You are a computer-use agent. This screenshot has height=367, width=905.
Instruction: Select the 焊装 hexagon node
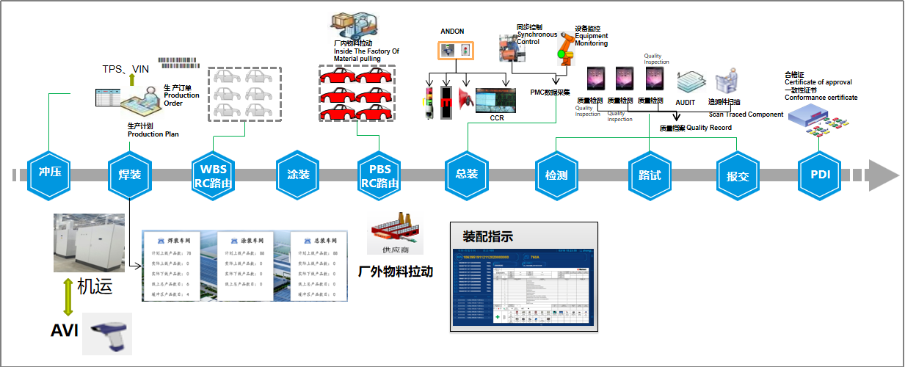(x=130, y=175)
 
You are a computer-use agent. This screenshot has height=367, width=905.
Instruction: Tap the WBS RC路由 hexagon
(x=213, y=175)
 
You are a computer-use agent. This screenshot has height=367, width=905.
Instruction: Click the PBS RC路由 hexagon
(x=379, y=175)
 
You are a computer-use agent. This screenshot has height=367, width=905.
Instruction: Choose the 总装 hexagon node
(x=467, y=175)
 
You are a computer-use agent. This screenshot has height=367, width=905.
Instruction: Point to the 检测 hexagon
(x=556, y=175)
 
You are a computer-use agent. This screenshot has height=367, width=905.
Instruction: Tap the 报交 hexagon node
(x=738, y=175)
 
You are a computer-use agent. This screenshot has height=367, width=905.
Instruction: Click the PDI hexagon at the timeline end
(x=820, y=175)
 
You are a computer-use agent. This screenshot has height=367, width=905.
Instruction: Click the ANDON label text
(x=452, y=32)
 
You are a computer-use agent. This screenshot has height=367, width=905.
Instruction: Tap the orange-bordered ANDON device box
(x=456, y=51)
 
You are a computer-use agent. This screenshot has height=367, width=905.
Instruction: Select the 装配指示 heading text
(x=488, y=236)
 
